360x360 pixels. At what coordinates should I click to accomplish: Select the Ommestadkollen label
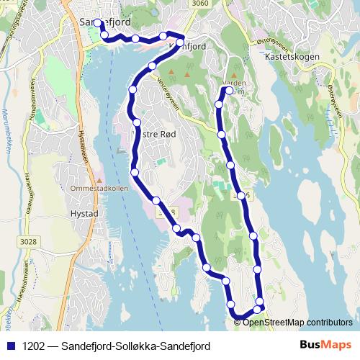[99, 188]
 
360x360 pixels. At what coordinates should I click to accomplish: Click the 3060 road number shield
[202, 4]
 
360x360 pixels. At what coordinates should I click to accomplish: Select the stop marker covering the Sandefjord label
[97, 23]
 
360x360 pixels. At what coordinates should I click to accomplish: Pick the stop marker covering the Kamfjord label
[180, 42]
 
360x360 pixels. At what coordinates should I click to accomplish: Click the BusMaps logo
[325, 345]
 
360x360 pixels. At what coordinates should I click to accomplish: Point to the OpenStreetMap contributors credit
[297, 322]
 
